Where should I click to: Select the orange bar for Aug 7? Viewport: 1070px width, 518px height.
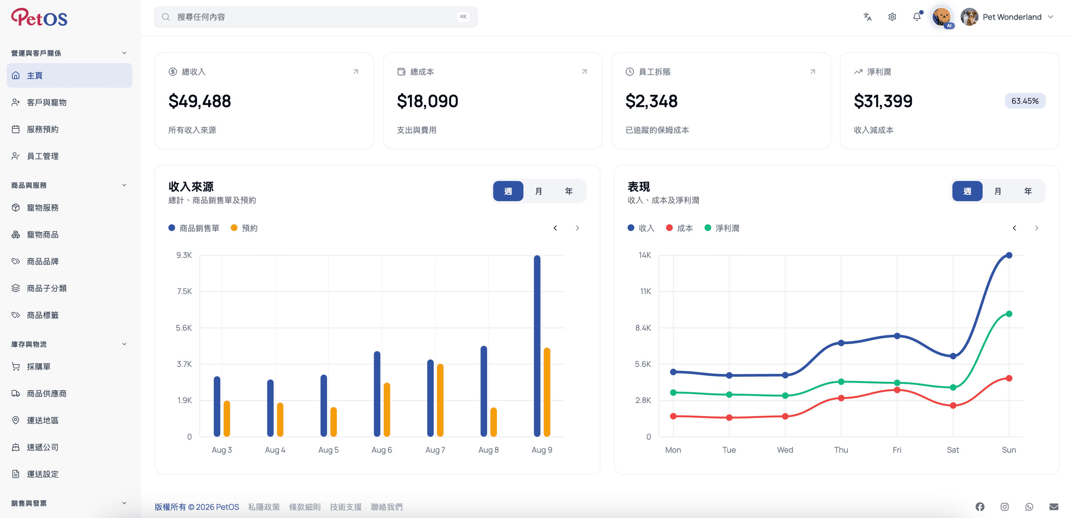(x=440, y=400)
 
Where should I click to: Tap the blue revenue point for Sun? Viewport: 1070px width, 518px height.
(x=1009, y=255)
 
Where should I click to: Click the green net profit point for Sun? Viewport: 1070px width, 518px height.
(x=1009, y=314)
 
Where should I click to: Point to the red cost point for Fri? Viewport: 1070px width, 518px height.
(x=897, y=390)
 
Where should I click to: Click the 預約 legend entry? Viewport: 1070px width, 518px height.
(x=244, y=228)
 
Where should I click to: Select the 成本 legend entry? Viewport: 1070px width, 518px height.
(x=679, y=228)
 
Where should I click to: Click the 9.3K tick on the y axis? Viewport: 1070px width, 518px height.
(x=184, y=255)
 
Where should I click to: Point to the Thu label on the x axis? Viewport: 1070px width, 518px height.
(x=841, y=450)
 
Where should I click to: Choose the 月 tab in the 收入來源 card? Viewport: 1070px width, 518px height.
(x=538, y=191)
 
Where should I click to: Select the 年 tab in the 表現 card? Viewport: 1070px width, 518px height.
(x=1028, y=191)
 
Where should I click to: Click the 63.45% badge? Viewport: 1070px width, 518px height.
(x=1025, y=101)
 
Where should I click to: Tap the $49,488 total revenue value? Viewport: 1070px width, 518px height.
(x=199, y=101)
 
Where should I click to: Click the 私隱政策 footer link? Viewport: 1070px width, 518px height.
(x=264, y=507)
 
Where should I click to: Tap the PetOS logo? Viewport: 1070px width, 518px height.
(x=39, y=17)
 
